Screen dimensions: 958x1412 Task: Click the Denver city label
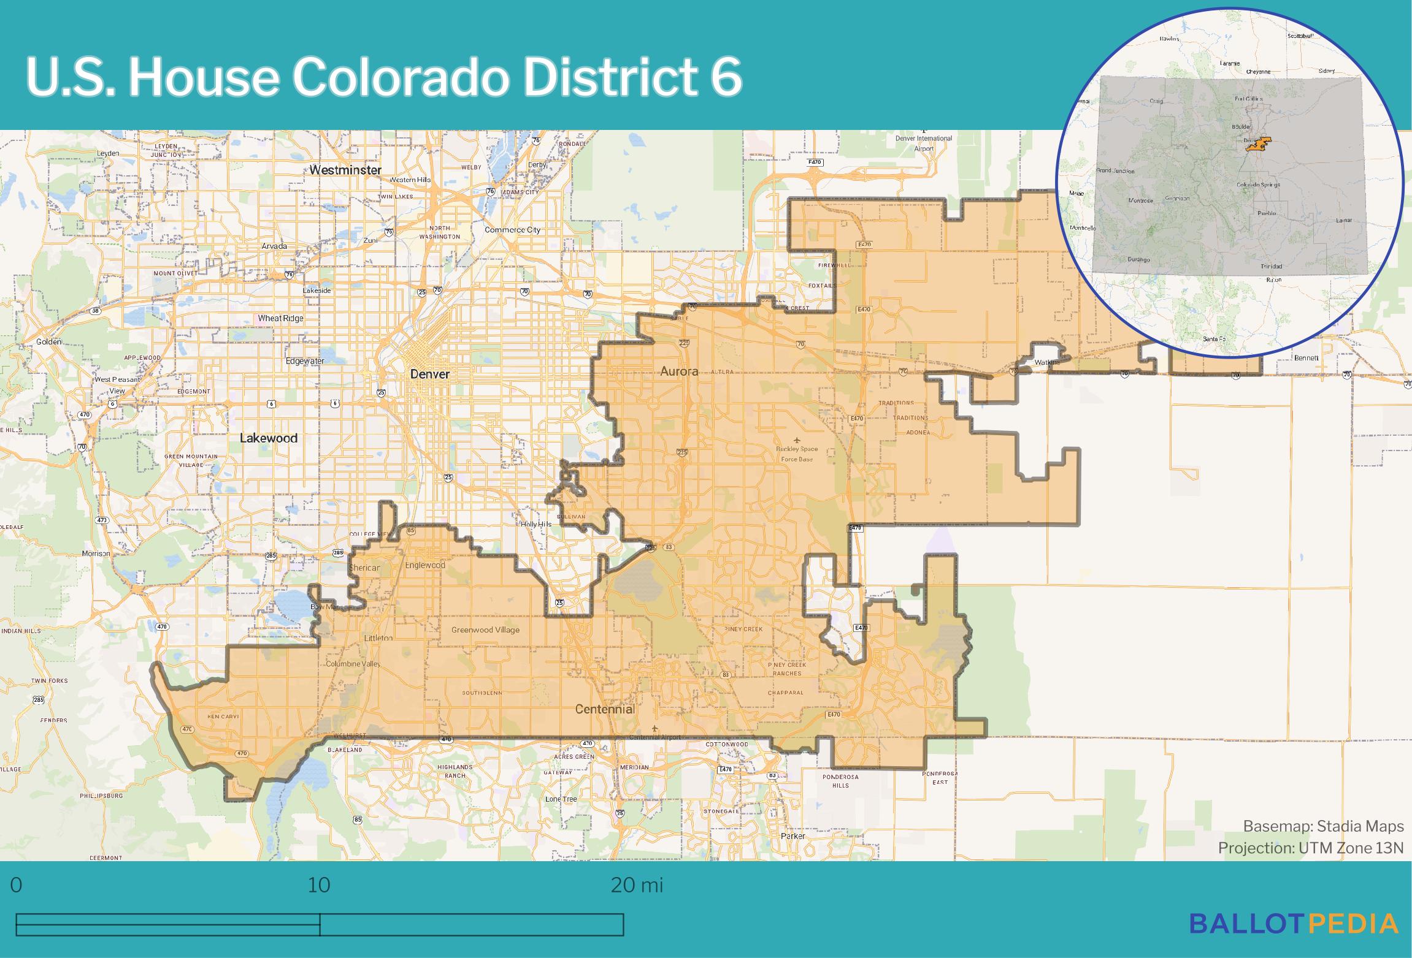(x=430, y=374)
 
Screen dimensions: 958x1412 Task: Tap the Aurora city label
(x=679, y=371)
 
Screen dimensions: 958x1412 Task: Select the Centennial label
(x=604, y=709)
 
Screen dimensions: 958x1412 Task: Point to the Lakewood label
(x=269, y=438)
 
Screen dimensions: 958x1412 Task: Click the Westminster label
(x=345, y=170)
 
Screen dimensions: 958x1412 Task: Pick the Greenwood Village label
(x=485, y=629)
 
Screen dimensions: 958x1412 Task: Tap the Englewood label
(x=425, y=565)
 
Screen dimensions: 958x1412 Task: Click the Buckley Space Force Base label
(x=797, y=454)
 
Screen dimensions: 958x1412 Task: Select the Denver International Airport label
(x=924, y=143)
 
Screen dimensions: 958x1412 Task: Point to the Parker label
(x=792, y=836)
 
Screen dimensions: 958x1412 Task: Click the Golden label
(x=49, y=341)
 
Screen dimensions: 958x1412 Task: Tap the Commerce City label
(x=512, y=230)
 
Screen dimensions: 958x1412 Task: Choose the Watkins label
(x=1047, y=362)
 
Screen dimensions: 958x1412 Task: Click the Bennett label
(x=1306, y=358)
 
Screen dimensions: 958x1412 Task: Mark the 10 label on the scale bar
(x=319, y=885)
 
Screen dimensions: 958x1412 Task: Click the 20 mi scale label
(x=637, y=885)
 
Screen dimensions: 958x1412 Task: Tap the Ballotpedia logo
(x=1294, y=941)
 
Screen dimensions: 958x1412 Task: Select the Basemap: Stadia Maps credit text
(x=1323, y=827)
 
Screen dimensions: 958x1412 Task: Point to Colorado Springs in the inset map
(x=1256, y=184)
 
